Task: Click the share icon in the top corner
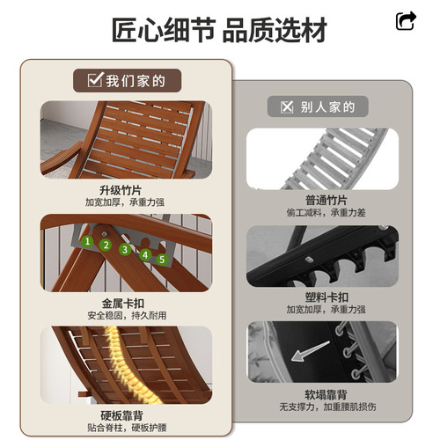point(406,21)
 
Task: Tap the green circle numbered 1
point(87,241)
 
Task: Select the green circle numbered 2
point(106,245)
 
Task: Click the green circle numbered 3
point(125,249)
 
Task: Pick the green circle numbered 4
point(145,255)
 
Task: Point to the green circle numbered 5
point(162,260)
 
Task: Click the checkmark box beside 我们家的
point(95,79)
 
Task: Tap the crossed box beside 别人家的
point(287,106)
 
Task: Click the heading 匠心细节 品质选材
point(219,30)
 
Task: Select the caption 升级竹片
point(121,190)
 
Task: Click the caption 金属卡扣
point(123,304)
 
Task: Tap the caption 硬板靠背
point(121,415)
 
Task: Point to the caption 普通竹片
point(326,201)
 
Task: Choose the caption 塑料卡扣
point(326,297)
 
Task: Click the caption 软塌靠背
point(326,394)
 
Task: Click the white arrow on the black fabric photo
point(310,351)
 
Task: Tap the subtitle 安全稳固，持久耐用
point(127,316)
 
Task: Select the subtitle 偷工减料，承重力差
point(326,212)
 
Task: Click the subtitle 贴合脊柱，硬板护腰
point(127,428)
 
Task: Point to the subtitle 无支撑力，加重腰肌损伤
point(327,407)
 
